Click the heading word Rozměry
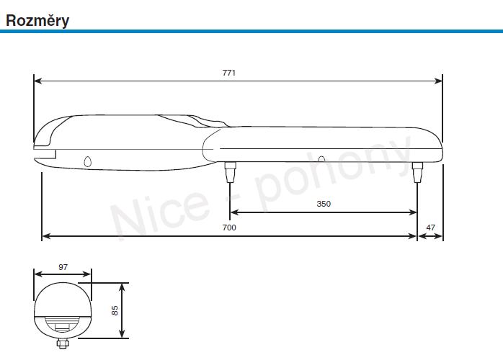[37, 20]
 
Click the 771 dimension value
[229, 73]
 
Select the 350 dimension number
[324, 204]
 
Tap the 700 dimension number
[229, 228]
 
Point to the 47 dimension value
[431, 228]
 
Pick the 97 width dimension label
[63, 267]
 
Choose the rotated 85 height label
[115, 310]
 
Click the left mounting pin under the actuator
[230, 172]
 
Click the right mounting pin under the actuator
[417, 172]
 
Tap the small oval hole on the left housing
[88, 162]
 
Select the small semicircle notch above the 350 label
[321, 159]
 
